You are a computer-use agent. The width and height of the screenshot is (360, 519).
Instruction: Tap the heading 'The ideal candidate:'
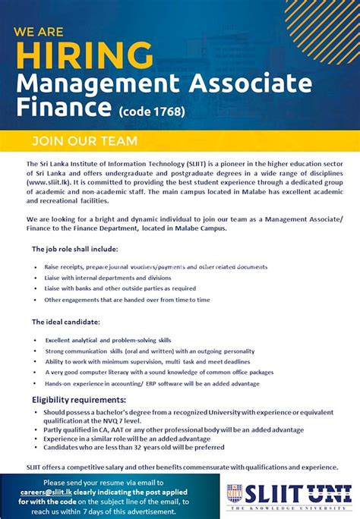[x=66, y=322]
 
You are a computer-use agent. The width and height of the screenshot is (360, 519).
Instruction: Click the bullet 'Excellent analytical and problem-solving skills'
[x=108, y=341]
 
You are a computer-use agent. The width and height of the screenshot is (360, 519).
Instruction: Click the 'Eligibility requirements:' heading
[x=79, y=400]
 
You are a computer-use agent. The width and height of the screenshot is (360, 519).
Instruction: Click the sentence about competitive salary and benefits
[x=182, y=467]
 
